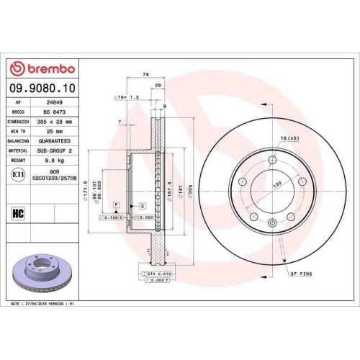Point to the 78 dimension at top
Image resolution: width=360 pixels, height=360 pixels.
[x=145, y=74]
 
